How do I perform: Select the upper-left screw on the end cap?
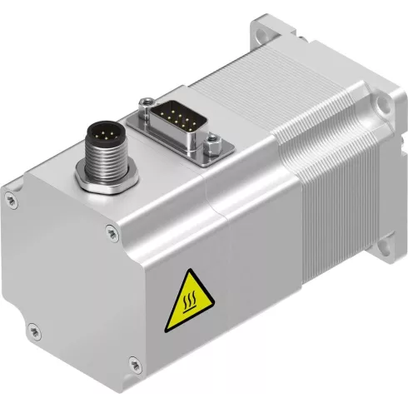pos(10,197)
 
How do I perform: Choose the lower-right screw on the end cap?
pos(134,362)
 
